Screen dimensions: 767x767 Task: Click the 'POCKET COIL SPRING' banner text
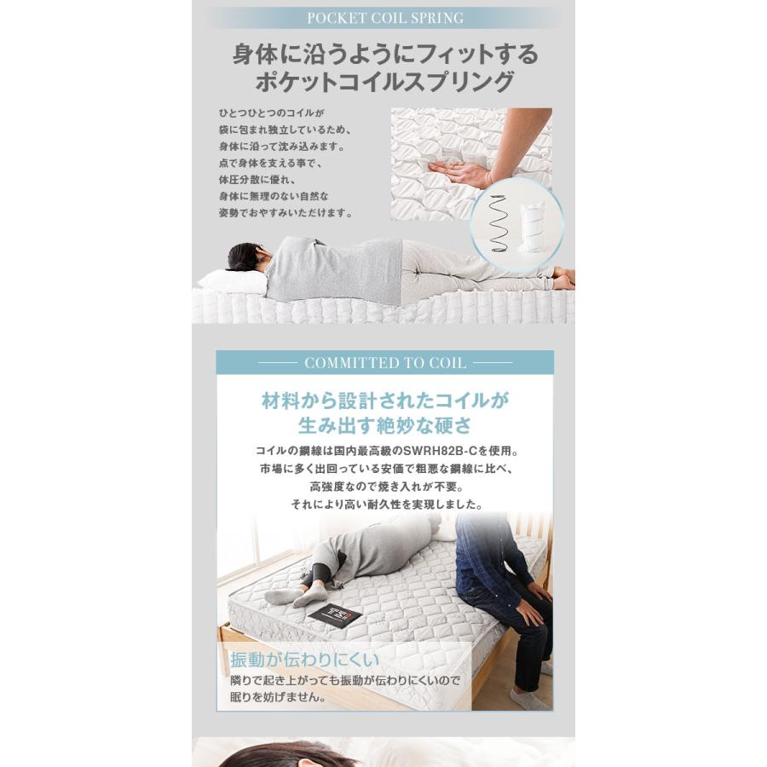[x=385, y=18]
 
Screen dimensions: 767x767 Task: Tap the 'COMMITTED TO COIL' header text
[x=385, y=363]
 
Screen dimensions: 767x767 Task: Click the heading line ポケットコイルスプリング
[x=385, y=83]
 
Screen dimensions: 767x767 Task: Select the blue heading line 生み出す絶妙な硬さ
[x=385, y=424]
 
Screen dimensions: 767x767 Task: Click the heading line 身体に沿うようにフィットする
[x=385, y=55]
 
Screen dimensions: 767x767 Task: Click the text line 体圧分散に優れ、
[x=257, y=180]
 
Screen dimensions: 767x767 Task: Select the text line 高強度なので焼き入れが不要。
[x=385, y=487]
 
